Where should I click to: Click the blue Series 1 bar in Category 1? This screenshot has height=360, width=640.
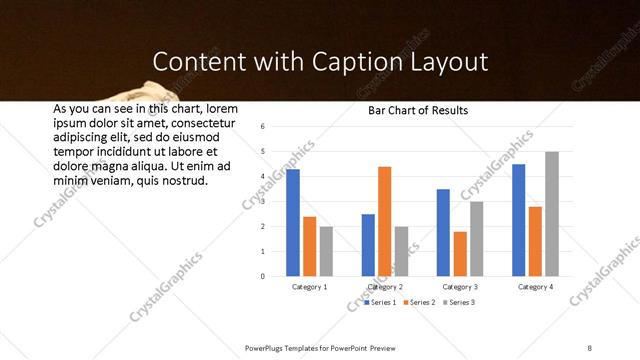pos(293,222)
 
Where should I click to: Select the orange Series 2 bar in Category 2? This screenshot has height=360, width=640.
pos(385,221)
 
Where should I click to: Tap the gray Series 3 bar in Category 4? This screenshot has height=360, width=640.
pos(552,213)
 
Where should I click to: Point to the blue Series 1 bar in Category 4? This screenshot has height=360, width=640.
pos(519,220)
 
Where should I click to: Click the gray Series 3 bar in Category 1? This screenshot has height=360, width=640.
pos(326,251)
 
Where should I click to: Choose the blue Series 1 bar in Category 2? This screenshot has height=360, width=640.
pos(368,245)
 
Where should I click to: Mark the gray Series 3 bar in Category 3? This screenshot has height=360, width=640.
pos(477,238)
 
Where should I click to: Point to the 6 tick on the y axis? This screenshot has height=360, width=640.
pos(262,127)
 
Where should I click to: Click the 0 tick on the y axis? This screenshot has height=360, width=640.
pos(262,276)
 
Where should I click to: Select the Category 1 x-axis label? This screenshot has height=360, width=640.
pos(310,287)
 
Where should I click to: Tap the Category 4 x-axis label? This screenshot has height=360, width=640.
pos(536,287)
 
